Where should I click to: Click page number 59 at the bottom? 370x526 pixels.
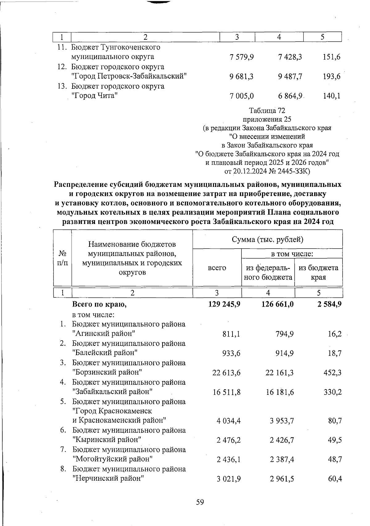coord(200,502)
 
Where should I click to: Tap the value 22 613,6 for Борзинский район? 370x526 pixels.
coord(226,373)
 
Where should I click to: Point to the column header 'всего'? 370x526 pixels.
coord(217,268)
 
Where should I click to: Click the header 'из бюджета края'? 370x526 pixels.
coord(319,272)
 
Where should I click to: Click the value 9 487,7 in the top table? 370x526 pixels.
coord(290,76)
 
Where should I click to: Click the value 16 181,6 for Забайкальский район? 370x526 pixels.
coord(280,392)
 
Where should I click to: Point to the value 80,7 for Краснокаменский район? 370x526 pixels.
coord(335,421)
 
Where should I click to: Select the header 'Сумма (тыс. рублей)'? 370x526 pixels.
coord(267,239)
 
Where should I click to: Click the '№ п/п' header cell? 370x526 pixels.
coord(63,258)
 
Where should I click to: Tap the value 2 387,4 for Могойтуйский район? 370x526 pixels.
coord(282,459)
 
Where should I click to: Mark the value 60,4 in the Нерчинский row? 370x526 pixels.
coord(335,479)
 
